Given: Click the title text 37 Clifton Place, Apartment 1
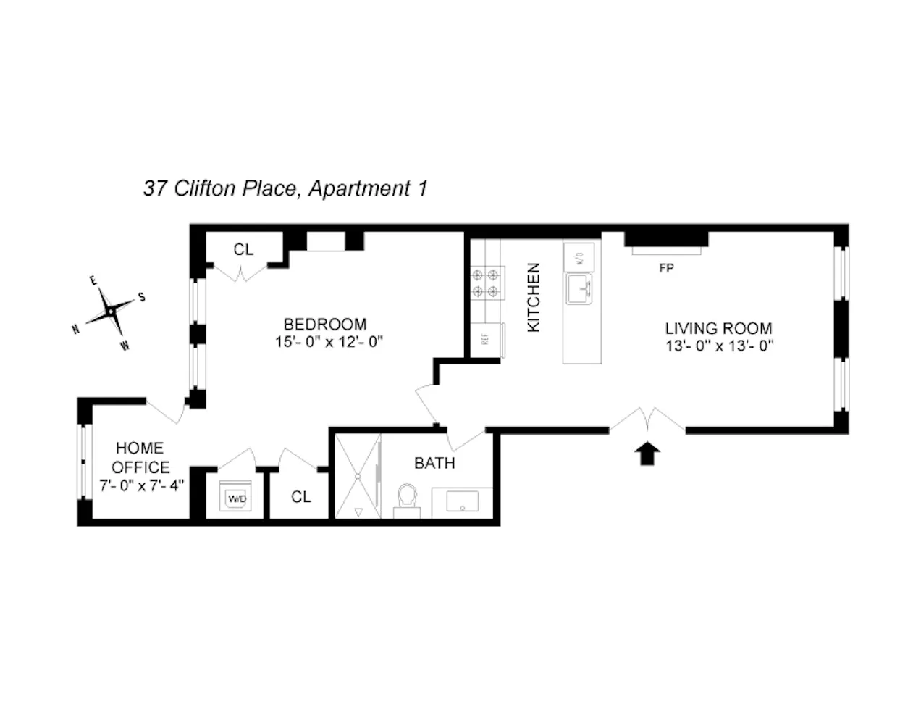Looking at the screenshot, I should click(285, 189).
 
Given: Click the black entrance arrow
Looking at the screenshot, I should click(647, 454).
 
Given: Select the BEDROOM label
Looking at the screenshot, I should click(324, 324).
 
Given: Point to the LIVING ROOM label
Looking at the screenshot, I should click(718, 328).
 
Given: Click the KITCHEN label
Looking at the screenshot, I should click(534, 298).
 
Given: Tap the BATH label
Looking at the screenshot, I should click(434, 463).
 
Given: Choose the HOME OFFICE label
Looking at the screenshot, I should click(140, 457).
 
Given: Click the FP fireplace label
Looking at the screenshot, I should click(666, 268).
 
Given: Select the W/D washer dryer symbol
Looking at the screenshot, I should click(236, 497).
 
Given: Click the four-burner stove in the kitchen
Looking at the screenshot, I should click(487, 283).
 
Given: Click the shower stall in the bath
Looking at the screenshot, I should click(356, 475).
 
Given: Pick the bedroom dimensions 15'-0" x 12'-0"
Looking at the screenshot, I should click(328, 343).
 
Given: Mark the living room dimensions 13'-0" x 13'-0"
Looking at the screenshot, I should click(720, 346).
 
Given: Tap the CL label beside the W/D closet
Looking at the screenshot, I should click(300, 497).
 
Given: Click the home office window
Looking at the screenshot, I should click(83, 461).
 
